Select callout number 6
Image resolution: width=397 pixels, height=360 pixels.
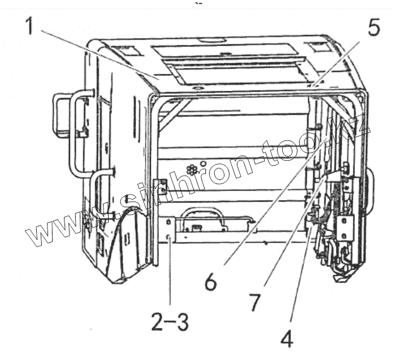pos(210,281)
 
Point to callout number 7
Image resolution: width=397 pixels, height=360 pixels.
pos(254,302)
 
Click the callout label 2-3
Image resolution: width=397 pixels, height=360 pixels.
pos(167,323)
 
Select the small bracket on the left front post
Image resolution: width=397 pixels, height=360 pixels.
pos(161,187)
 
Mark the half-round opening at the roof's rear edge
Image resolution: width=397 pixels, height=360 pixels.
pos(214,41)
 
